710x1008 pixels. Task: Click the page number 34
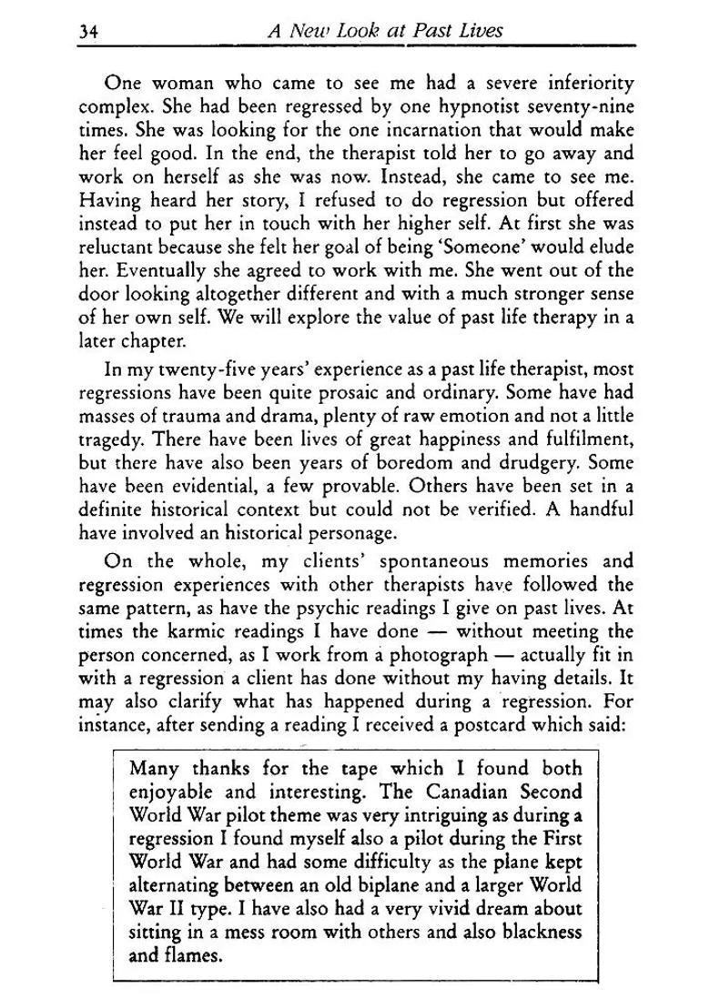click(x=88, y=30)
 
